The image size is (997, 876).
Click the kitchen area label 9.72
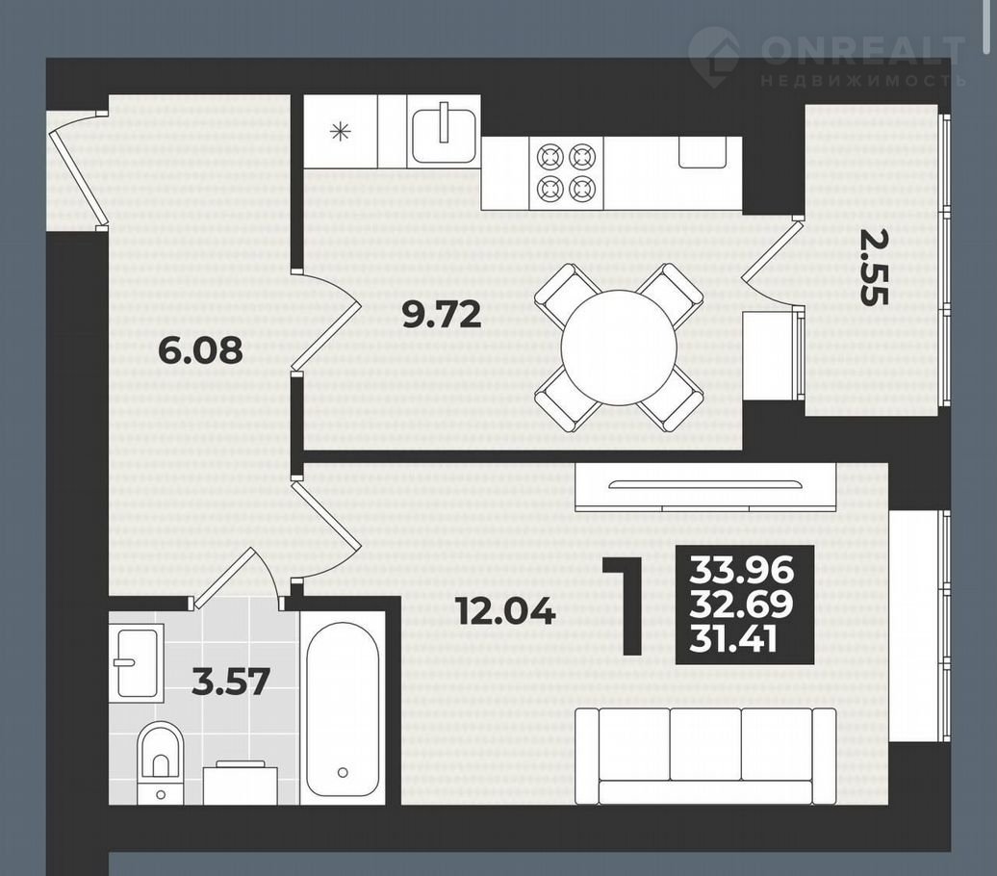[x=443, y=314]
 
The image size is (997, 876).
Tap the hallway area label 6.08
[x=200, y=349]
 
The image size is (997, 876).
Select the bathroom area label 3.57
[x=231, y=682]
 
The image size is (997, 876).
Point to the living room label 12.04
[x=506, y=612]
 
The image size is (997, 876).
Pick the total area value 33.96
[x=742, y=570]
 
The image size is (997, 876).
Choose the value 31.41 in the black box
[x=733, y=639]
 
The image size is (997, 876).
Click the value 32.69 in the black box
[x=741, y=605]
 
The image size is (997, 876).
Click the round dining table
[x=620, y=348]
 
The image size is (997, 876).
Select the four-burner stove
[x=567, y=171]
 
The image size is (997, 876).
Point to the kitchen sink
[x=444, y=135]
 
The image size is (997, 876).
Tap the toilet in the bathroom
[x=161, y=762]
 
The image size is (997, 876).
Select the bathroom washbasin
[x=137, y=662]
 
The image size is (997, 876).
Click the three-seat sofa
[x=705, y=756]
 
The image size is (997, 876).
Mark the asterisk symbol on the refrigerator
[x=340, y=132]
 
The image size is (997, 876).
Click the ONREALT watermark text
[x=863, y=49]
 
